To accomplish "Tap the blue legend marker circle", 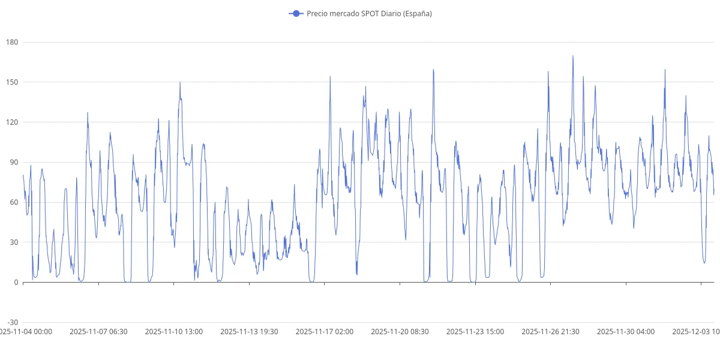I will pyautogui.click(x=295, y=13).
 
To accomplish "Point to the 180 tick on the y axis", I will pyautogui.click(x=13, y=42).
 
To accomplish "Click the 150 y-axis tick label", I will pyautogui.click(x=13, y=82).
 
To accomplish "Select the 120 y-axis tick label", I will pyautogui.click(x=13, y=122).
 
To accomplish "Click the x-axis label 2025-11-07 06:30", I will pyautogui.click(x=98, y=331).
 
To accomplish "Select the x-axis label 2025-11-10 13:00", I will pyautogui.click(x=174, y=331).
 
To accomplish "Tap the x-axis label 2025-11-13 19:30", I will pyautogui.click(x=249, y=331).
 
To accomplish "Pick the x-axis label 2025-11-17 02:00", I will pyautogui.click(x=325, y=331).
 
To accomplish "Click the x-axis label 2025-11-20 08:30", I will pyautogui.click(x=400, y=331).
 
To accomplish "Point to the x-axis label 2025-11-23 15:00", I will pyautogui.click(x=475, y=331).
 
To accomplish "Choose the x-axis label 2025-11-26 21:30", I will pyautogui.click(x=550, y=331).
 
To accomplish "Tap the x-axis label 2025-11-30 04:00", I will pyautogui.click(x=626, y=331).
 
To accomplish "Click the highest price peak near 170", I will pyautogui.click(x=573, y=56).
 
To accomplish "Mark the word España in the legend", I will pyautogui.click(x=417, y=13).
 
